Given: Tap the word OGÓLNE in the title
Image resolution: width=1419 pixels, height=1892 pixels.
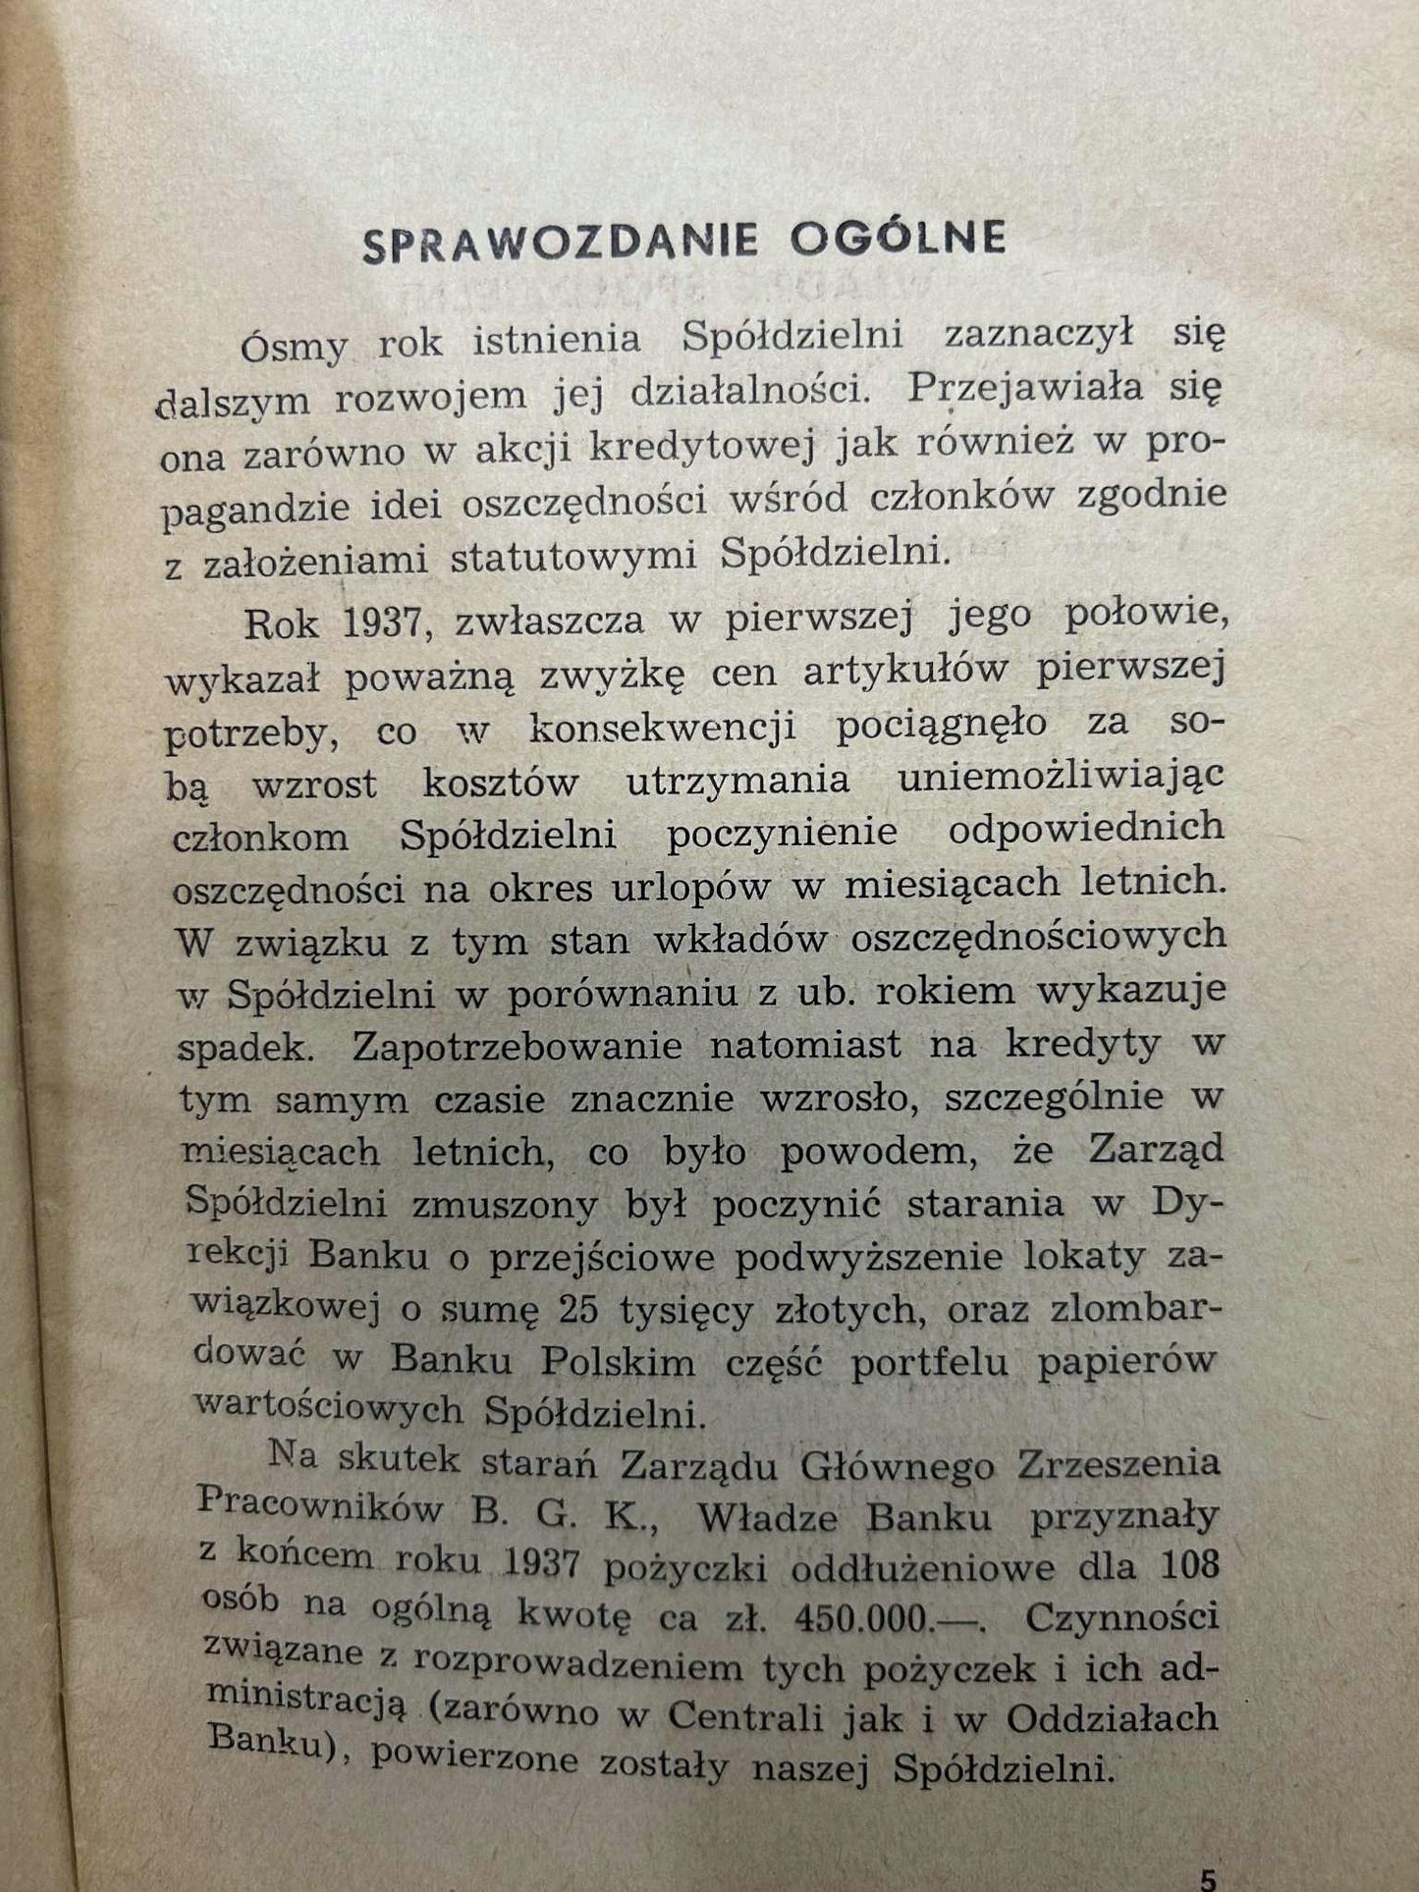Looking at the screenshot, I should point(900,240).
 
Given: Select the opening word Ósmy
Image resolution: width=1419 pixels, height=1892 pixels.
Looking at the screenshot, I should point(294,345).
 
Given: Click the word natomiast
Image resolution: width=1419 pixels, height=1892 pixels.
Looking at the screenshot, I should point(805,1043).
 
